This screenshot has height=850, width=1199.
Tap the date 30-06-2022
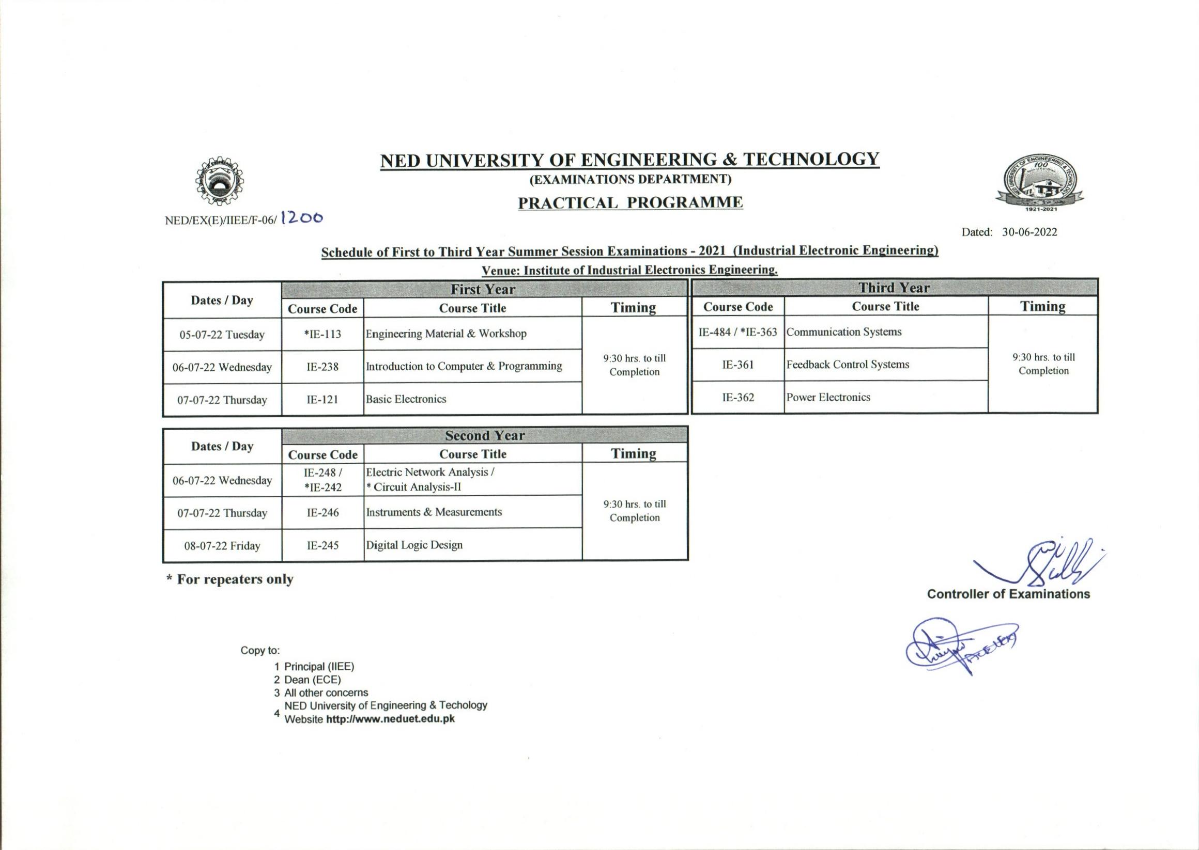point(1029,232)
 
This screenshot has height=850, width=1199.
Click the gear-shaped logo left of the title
point(219,182)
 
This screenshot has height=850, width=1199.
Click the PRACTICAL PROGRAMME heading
point(630,202)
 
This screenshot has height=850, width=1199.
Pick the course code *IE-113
point(322,335)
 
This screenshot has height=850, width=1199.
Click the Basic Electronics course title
point(406,399)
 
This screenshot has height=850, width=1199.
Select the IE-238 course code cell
point(322,367)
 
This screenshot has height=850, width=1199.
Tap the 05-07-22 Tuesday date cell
point(222,335)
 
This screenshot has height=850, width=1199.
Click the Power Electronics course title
point(828,397)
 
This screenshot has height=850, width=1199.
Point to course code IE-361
point(737,365)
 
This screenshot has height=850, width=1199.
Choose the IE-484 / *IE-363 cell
point(737,332)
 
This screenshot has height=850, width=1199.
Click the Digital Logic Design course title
point(414,545)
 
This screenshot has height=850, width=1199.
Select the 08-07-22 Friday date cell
point(222,546)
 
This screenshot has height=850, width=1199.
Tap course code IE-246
point(322,512)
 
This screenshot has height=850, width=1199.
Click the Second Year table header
point(484,435)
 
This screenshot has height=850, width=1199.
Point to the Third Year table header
point(894,288)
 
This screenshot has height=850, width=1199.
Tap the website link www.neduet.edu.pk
point(390,719)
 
